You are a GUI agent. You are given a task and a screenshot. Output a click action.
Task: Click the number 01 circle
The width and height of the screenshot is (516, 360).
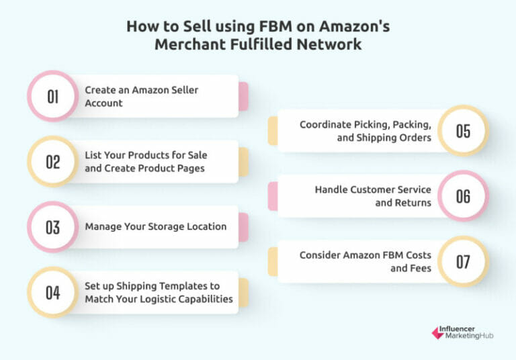(x=53, y=97)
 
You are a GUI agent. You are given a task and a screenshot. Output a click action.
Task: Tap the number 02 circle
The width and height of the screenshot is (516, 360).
(x=53, y=162)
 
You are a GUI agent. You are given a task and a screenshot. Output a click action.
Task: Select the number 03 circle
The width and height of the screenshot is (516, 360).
(x=53, y=227)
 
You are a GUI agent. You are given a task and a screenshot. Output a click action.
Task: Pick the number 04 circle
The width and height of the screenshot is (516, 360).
(x=53, y=293)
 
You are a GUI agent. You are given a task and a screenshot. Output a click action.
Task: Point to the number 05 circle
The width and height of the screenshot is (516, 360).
(x=463, y=130)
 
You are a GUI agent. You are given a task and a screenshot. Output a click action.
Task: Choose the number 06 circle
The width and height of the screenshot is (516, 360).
(x=463, y=195)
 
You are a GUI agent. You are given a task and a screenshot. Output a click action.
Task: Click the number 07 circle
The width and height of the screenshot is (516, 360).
(x=463, y=261)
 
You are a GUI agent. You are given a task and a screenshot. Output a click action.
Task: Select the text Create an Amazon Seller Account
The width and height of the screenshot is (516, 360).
(x=141, y=96)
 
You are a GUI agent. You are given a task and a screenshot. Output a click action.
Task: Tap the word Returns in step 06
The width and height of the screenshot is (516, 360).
(x=414, y=202)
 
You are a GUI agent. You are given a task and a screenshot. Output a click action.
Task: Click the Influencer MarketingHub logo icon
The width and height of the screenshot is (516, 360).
(x=437, y=332)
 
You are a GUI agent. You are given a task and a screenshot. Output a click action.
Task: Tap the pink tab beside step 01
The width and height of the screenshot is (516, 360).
(x=243, y=96)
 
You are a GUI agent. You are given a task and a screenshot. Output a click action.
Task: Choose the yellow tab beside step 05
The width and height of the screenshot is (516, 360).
(x=273, y=130)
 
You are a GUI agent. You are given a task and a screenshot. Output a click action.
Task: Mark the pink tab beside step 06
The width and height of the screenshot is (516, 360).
(x=273, y=195)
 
